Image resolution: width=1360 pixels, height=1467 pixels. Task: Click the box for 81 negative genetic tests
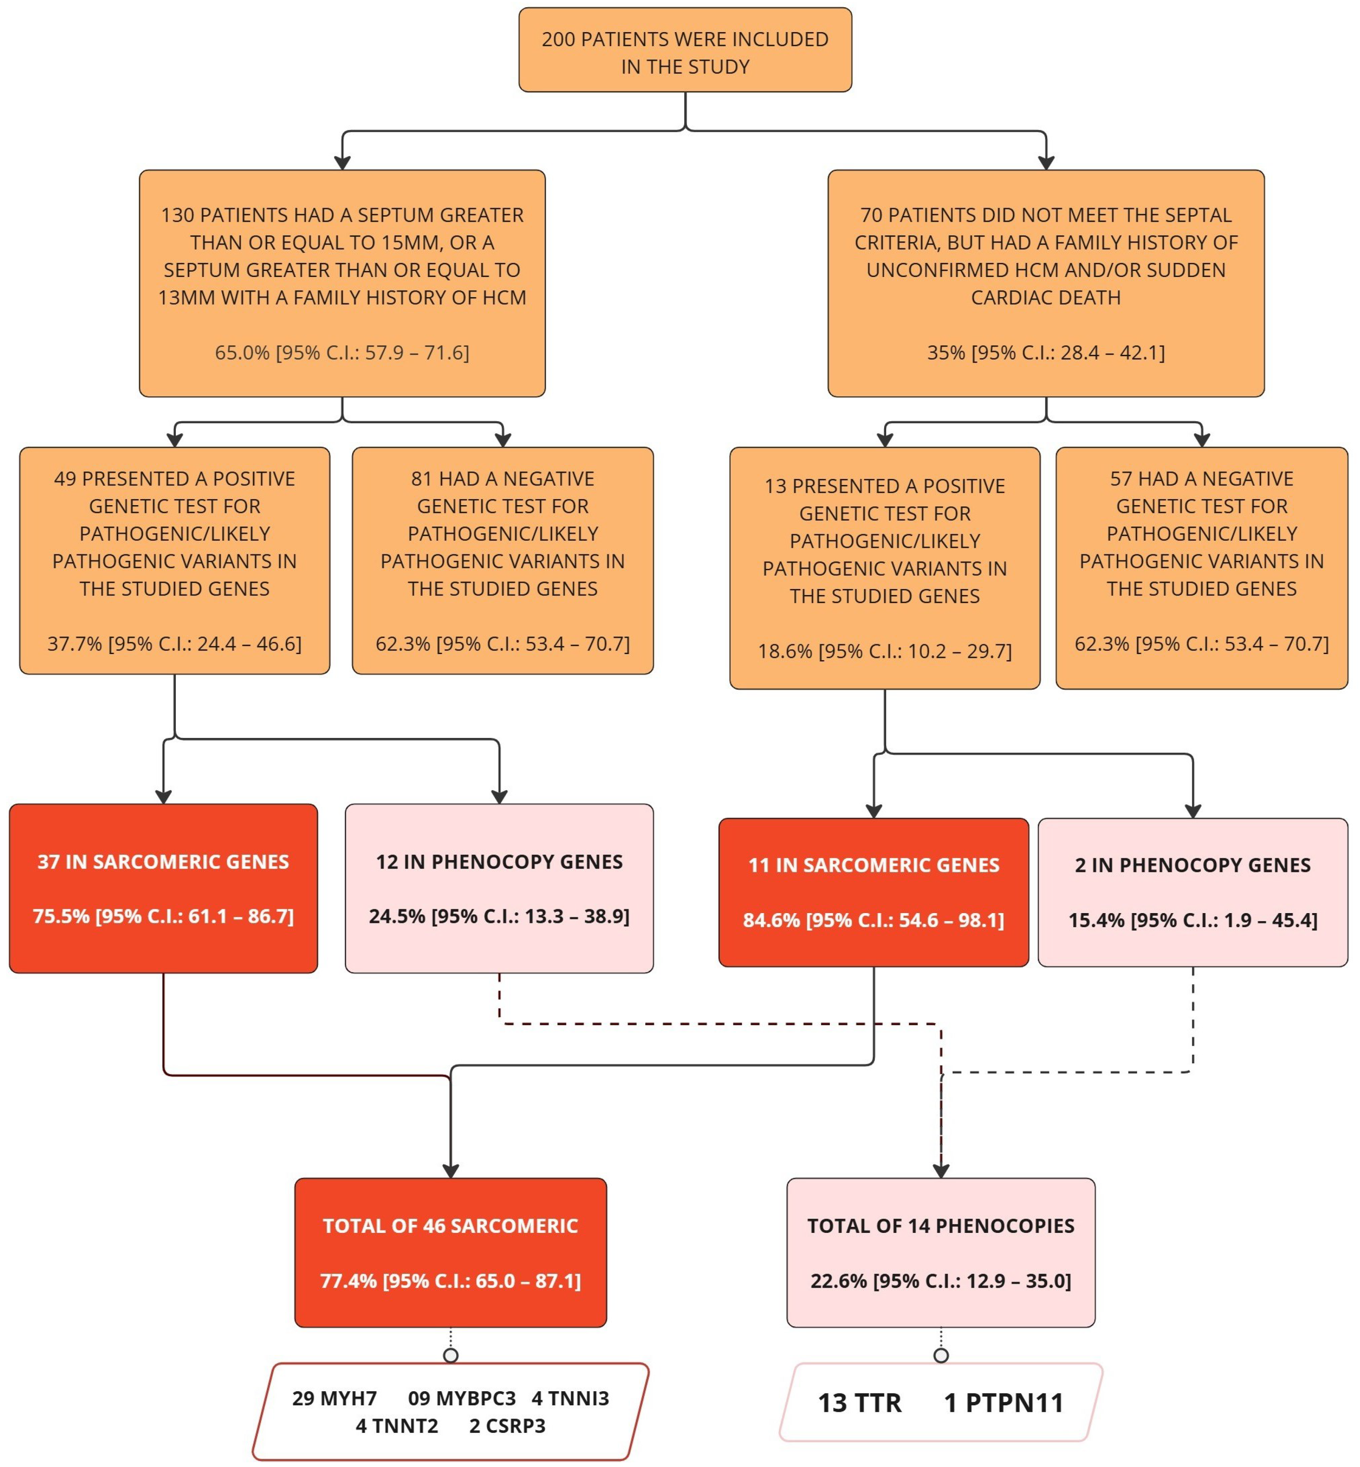pyautogui.click(x=503, y=560)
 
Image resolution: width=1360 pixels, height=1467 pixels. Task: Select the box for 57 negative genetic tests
pyautogui.click(x=1201, y=568)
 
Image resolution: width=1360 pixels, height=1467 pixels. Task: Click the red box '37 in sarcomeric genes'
pyautogui.click(x=163, y=888)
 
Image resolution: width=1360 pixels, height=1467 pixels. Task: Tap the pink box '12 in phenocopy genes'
pyautogui.click(x=499, y=888)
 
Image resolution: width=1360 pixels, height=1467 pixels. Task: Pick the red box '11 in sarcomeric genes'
pyautogui.click(x=873, y=892)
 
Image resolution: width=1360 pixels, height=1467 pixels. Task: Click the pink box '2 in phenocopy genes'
pyautogui.click(x=1192, y=892)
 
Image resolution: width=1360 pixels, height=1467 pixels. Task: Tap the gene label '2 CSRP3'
pyautogui.click(x=507, y=1426)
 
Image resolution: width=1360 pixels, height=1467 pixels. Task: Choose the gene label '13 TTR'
pyautogui.click(x=860, y=1403)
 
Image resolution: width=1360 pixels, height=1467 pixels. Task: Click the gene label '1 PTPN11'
pyautogui.click(x=1004, y=1403)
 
